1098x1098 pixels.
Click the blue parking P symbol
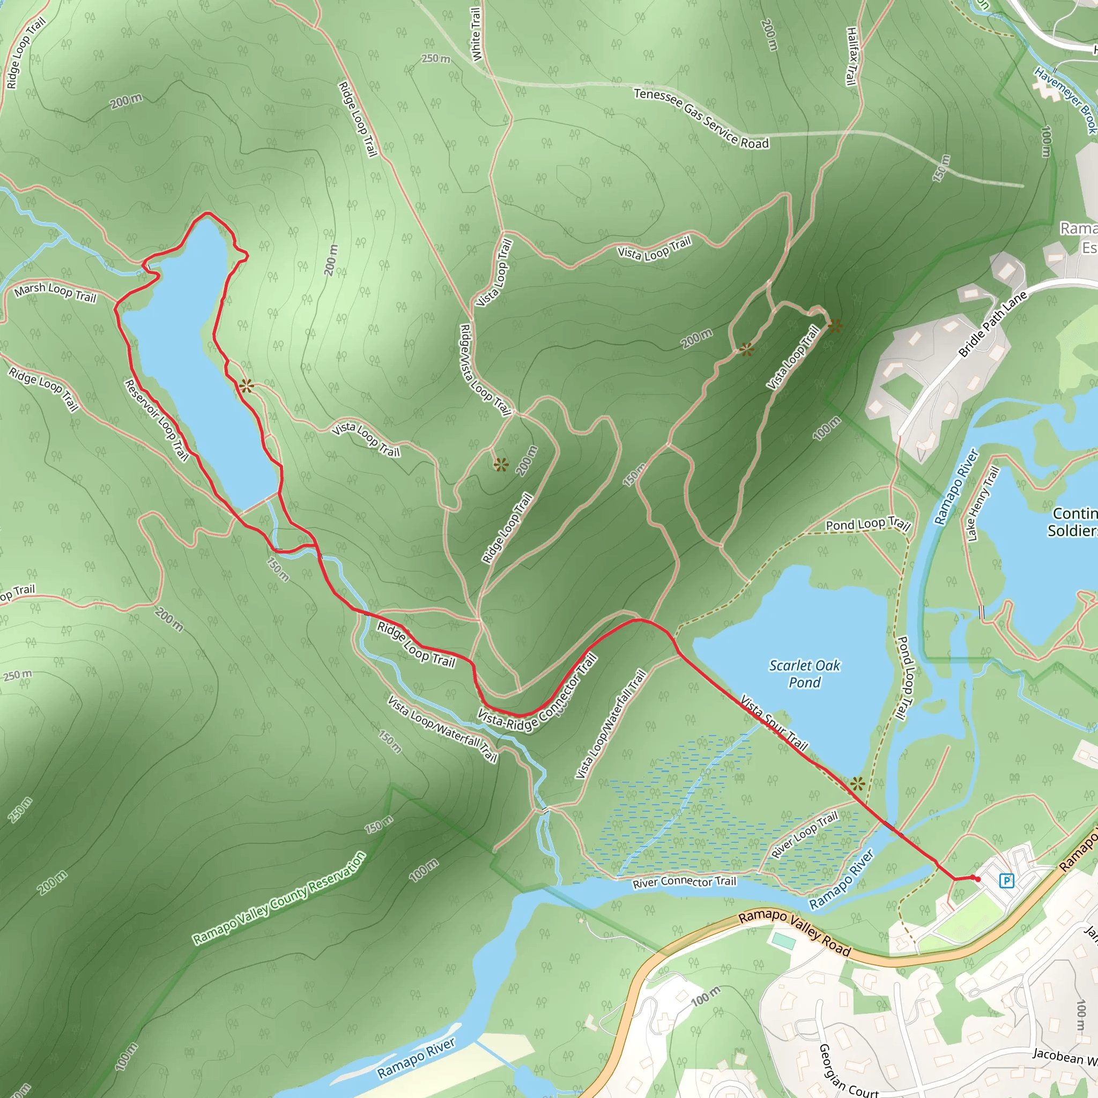(x=1006, y=881)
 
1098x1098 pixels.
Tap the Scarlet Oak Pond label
(x=804, y=673)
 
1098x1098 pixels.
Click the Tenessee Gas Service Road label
(x=701, y=118)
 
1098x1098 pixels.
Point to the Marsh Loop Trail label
(x=55, y=293)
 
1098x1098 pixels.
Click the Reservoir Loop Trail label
(x=157, y=420)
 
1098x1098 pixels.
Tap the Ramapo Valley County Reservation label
(x=279, y=899)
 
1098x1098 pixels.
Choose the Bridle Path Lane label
(x=993, y=324)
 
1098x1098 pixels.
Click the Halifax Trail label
(x=851, y=56)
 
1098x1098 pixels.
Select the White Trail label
(x=476, y=34)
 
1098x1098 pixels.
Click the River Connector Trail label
(x=684, y=881)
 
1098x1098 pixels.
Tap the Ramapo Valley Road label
(x=794, y=933)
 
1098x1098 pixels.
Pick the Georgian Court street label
(x=848, y=1069)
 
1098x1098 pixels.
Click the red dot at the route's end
(x=977, y=879)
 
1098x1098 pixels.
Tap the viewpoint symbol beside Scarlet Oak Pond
(x=858, y=784)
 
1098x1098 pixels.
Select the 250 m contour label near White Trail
(x=436, y=58)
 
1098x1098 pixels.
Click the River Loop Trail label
(x=804, y=834)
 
